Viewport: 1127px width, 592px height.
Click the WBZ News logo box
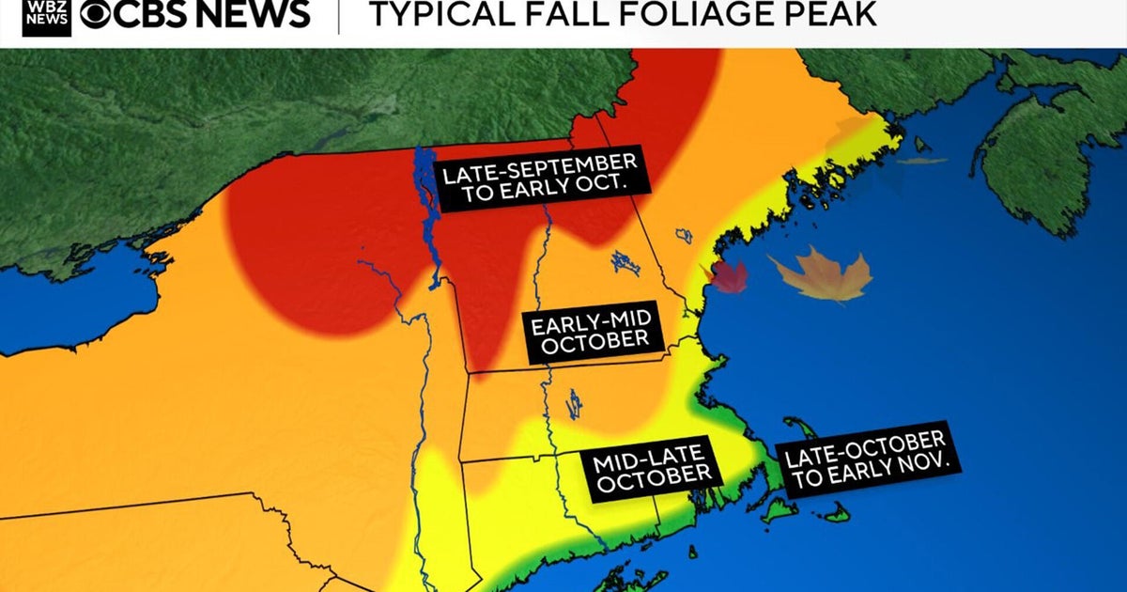click(44, 15)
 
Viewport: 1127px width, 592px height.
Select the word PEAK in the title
click(832, 13)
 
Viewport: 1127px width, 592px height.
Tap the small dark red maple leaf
click(728, 276)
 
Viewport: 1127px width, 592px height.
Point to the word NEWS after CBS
click(253, 14)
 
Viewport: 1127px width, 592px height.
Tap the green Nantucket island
click(832, 513)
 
